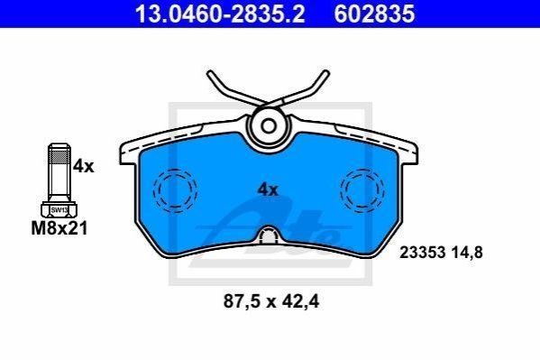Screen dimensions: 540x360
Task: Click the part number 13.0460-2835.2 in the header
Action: click(x=220, y=14)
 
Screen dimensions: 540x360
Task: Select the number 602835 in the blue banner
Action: click(x=374, y=14)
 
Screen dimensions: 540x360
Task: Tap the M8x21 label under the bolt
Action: click(x=59, y=228)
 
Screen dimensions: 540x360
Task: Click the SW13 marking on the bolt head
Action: click(x=59, y=209)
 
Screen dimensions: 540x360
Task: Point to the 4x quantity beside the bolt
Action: click(x=83, y=167)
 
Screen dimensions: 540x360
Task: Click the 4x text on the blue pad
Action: click(x=268, y=189)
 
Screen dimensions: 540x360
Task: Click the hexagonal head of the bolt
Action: click(x=59, y=209)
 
